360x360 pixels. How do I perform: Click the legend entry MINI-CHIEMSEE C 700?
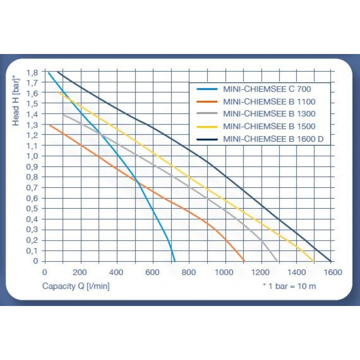tap(267, 89)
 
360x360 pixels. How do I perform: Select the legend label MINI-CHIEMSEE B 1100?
tap(269, 101)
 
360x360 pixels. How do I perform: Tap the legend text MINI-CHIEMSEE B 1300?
tap(269, 114)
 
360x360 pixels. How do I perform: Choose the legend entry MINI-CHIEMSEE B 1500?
tap(269, 126)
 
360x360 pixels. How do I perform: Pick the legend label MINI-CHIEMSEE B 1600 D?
tap(273, 139)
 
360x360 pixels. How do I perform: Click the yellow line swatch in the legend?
tap(207, 126)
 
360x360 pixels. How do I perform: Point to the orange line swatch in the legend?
tap(207, 101)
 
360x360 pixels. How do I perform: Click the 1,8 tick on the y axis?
tap(32, 72)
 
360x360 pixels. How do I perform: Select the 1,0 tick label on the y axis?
tap(32, 156)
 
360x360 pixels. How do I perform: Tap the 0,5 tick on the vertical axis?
tap(32, 208)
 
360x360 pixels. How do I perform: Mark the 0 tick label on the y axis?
tap(35, 261)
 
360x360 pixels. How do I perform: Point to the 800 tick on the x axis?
tap(189, 272)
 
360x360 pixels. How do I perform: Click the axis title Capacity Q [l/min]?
tap(76, 286)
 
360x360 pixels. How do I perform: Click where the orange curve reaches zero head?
tap(244, 261)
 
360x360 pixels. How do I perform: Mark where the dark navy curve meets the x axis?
tap(330, 261)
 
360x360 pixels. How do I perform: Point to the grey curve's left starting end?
tap(63, 114)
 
